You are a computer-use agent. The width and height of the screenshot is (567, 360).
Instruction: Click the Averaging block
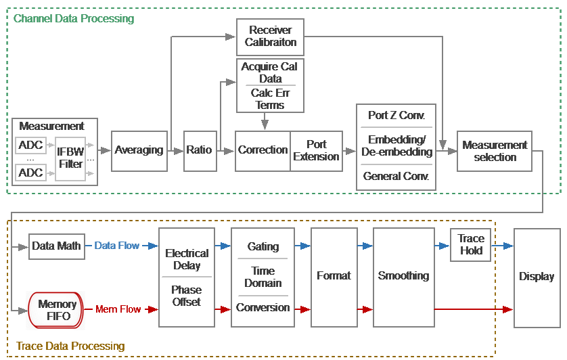pos(139,150)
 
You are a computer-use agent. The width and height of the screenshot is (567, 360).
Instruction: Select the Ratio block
pos(199,150)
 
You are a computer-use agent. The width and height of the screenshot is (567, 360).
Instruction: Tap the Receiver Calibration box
pos(270,37)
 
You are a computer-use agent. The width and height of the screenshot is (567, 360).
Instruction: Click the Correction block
pos(263,150)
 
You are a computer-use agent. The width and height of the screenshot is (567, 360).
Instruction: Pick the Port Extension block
pos(316,150)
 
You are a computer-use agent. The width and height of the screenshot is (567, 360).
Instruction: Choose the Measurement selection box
pos(495,151)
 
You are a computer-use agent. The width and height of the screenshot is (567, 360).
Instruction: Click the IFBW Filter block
pos(70,158)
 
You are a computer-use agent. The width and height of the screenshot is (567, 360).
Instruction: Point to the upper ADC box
pos(30,145)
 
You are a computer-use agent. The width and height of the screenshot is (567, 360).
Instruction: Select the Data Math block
pos(56,246)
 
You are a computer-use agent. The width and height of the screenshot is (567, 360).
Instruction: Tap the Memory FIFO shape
pos(56,310)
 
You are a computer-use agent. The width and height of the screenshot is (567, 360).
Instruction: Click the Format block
pos(334,276)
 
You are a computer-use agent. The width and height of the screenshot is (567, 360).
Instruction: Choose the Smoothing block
pos(403,276)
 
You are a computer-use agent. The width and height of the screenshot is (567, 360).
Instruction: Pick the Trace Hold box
pos(471,244)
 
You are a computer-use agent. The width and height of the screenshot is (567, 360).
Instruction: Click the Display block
pos(537,276)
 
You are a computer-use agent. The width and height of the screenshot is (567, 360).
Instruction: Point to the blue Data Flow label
pos(116,246)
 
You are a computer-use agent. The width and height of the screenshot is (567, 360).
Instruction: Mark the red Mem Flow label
pos(118,309)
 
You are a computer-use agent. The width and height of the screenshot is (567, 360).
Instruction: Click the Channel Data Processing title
pos(74,18)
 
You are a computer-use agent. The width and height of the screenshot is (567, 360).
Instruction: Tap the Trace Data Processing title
pos(70,346)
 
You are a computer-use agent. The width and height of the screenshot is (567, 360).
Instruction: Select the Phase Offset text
pos(186,296)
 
